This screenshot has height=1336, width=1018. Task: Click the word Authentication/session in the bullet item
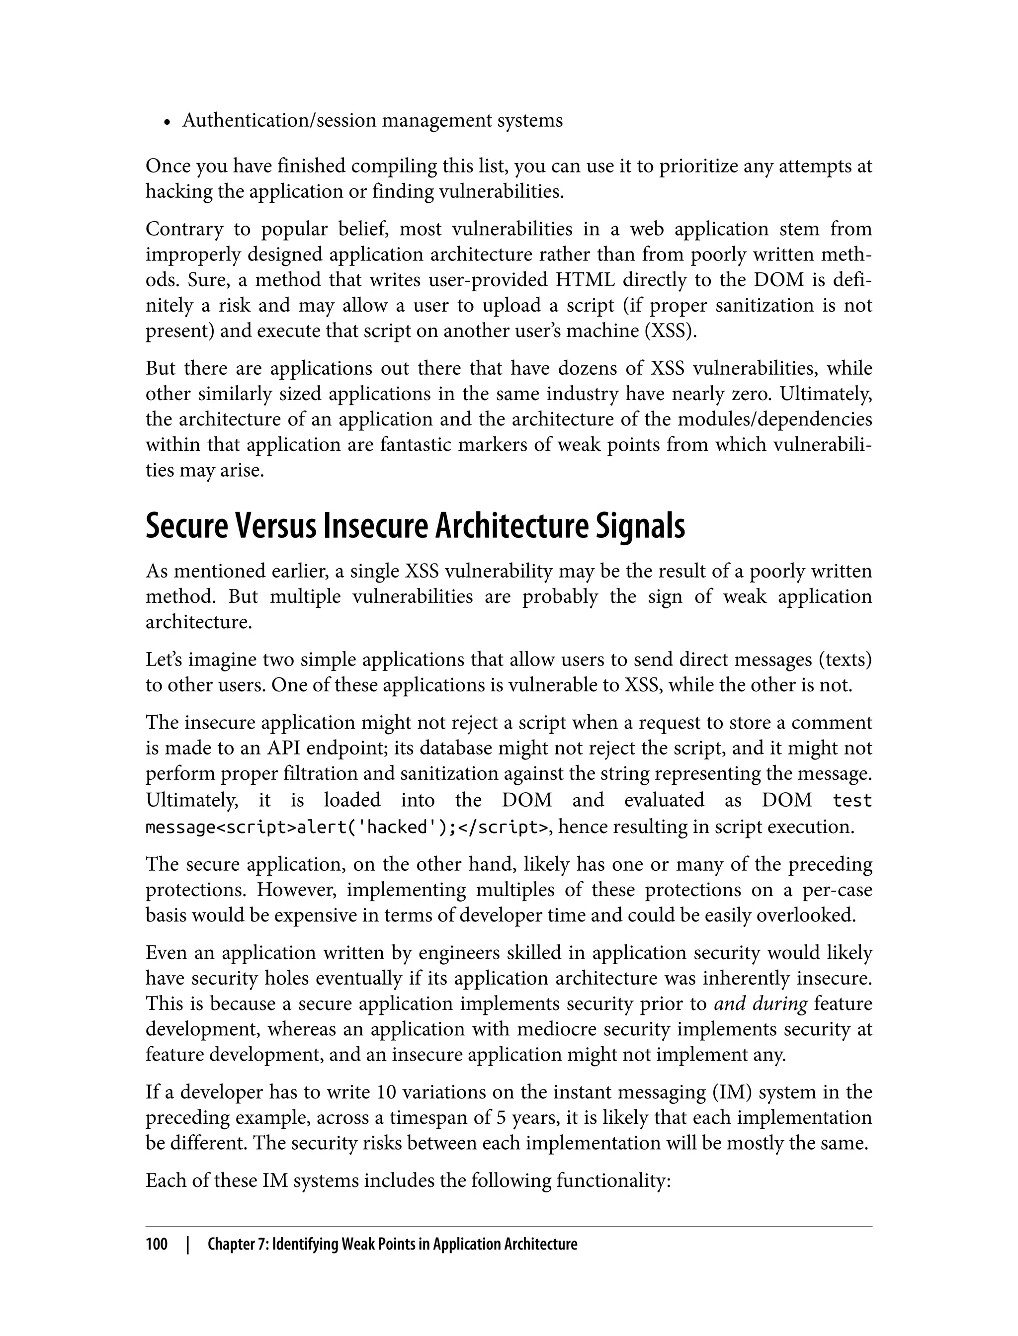[280, 121]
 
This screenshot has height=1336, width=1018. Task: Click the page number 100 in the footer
[157, 1245]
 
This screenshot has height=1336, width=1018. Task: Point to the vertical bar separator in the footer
[188, 1245]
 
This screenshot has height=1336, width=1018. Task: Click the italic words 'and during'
[761, 1003]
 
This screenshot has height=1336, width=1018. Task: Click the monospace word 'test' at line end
[852, 800]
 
